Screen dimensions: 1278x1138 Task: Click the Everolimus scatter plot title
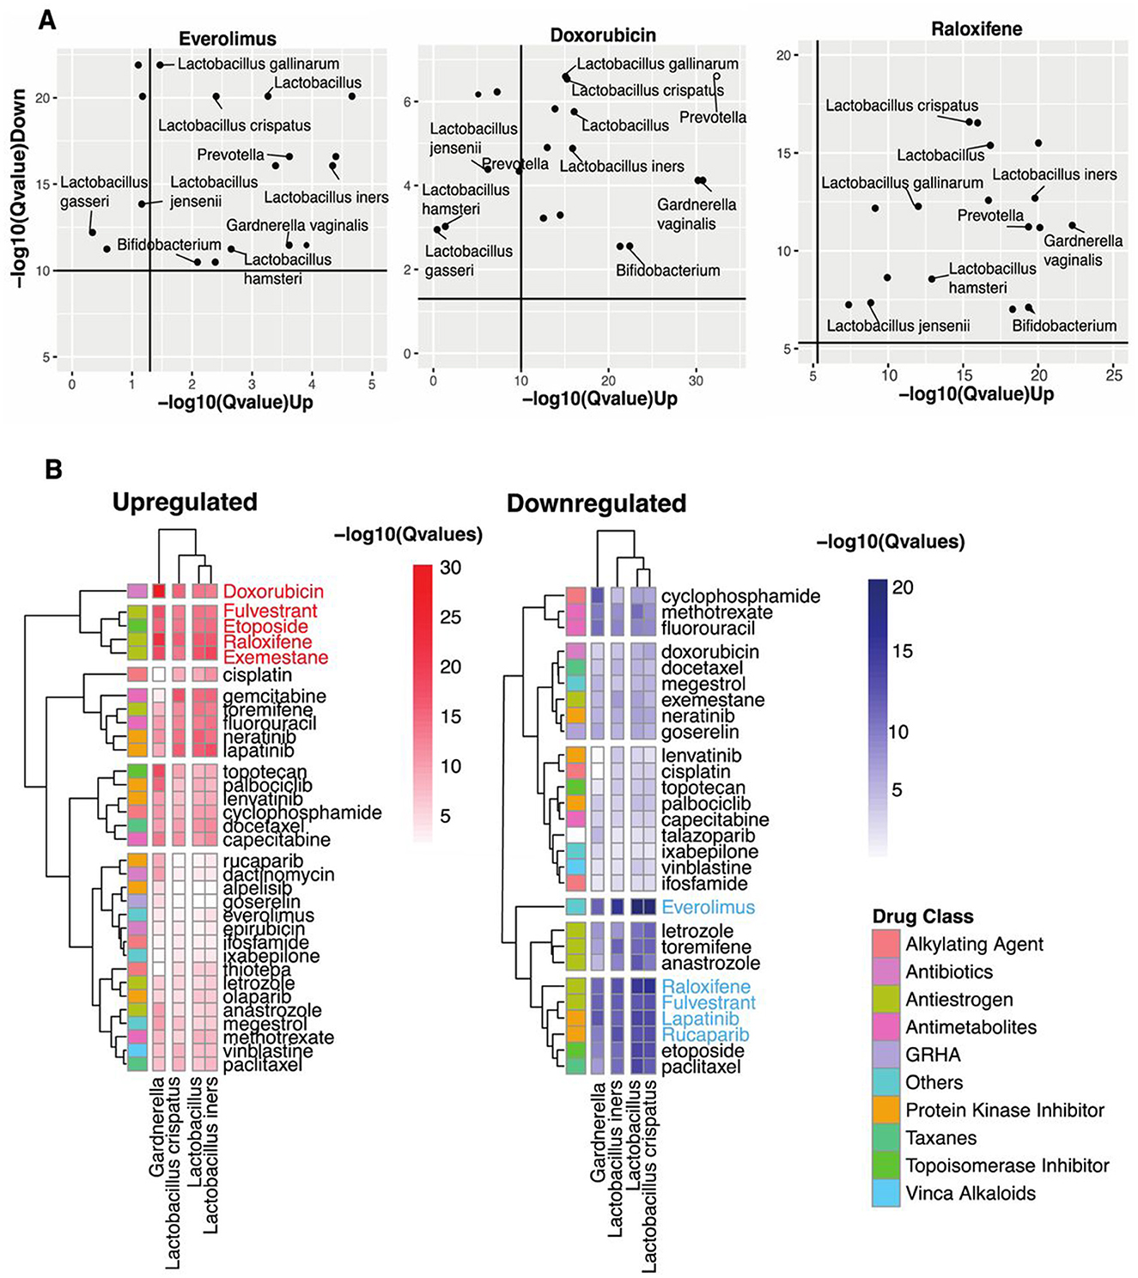[x=228, y=39]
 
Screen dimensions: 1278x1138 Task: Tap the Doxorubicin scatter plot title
[x=603, y=35]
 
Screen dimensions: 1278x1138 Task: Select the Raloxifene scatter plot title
[x=976, y=29]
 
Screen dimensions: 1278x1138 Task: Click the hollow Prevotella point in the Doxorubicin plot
[x=717, y=77]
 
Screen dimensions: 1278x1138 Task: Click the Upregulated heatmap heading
[x=185, y=502]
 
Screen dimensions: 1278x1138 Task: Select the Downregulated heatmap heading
[x=596, y=503]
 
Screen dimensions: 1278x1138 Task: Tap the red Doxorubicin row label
[x=273, y=592]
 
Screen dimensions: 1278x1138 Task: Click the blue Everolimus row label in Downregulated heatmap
[x=708, y=907]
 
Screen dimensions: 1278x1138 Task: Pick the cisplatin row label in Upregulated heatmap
[x=257, y=675]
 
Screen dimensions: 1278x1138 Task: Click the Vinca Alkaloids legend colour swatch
[x=885, y=1193]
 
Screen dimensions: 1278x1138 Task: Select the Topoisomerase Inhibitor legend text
[x=1007, y=1165]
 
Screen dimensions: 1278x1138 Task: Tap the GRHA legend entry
[x=933, y=1055]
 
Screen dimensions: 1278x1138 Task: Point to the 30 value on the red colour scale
[x=451, y=568]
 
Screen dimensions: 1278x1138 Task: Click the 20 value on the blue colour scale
[x=902, y=588]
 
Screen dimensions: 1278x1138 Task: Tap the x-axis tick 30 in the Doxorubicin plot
[x=696, y=380]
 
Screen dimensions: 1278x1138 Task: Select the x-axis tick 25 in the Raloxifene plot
[x=1113, y=374]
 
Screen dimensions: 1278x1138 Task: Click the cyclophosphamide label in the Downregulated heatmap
[x=740, y=596]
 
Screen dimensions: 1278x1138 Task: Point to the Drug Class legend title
[x=922, y=916]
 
